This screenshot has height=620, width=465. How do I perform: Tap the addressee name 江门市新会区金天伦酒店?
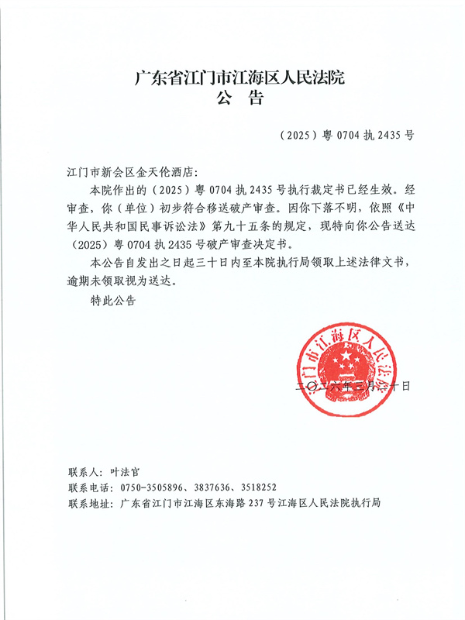pos(134,168)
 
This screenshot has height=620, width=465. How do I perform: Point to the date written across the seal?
pos(350,385)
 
